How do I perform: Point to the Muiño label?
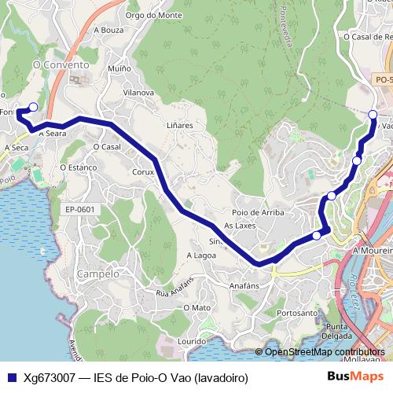pyautogui.click(x=119, y=69)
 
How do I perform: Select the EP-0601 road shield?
pyautogui.click(x=79, y=209)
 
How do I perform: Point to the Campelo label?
pyautogui.click(x=98, y=274)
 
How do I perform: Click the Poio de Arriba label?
pyautogui.click(x=258, y=213)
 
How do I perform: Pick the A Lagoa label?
pyautogui.click(x=200, y=255)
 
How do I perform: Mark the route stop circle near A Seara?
pyautogui.click(x=32, y=107)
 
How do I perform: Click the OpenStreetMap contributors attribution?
pyautogui.click(x=324, y=351)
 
